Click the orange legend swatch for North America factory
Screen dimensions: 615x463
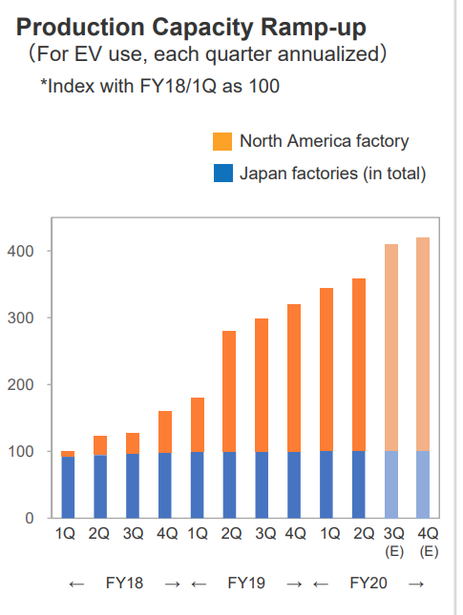pyautogui.click(x=222, y=142)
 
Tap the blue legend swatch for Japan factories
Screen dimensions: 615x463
pyautogui.click(x=222, y=173)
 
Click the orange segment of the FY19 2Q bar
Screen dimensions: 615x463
pyautogui.click(x=229, y=391)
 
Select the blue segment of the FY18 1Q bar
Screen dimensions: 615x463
pyautogui.click(x=68, y=487)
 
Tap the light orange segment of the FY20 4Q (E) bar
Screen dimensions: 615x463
pyautogui.click(x=424, y=343)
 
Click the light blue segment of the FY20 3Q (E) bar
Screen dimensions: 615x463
pyautogui.click(x=391, y=484)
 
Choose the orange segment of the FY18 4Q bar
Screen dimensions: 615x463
pyautogui.click(x=164, y=432)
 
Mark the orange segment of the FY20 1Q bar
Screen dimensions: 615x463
pyautogui.click(x=326, y=369)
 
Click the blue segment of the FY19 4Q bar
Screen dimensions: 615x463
pyautogui.click(x=294, y=484)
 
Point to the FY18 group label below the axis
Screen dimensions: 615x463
pyautogui.click(x=124, y=583)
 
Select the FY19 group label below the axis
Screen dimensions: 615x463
pyautogui.click(x=246, y=583)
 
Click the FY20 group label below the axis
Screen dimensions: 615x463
pyautogui.click(x=368, y=583)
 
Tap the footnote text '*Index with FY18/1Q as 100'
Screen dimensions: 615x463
pyautogui.click(x=159, y=87)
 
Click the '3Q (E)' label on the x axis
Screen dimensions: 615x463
pyautogui.click(x=391, y=541)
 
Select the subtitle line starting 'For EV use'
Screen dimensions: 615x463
pyautogui.click(x=205, y=54)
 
